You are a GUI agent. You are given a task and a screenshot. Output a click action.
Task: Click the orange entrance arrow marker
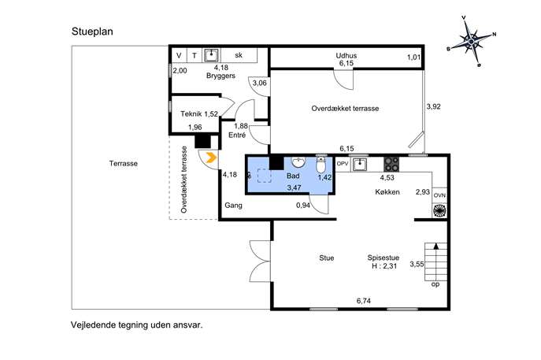211,158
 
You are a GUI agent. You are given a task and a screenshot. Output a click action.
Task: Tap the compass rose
472,42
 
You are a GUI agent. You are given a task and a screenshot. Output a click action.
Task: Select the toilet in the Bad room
321,165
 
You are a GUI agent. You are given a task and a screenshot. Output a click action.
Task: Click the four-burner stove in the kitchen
391,165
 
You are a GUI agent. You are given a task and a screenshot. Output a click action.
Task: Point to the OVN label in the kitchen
439,195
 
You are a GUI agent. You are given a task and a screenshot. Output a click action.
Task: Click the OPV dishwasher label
343,164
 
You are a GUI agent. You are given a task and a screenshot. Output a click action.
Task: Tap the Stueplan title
92,32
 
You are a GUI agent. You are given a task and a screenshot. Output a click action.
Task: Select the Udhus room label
346,55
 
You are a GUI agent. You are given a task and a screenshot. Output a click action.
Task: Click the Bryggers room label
220,76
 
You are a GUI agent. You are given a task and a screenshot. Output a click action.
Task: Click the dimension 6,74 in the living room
364,301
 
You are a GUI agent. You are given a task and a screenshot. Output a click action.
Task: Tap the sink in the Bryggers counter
211,55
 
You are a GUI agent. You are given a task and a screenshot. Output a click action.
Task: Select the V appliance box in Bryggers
179,55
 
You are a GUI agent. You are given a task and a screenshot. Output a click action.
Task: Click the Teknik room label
191,113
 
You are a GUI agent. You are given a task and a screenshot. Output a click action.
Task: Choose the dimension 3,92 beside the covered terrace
433,106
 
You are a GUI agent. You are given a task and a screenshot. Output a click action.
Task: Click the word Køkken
387,192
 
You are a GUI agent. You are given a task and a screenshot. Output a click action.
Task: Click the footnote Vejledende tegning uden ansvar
137,325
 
